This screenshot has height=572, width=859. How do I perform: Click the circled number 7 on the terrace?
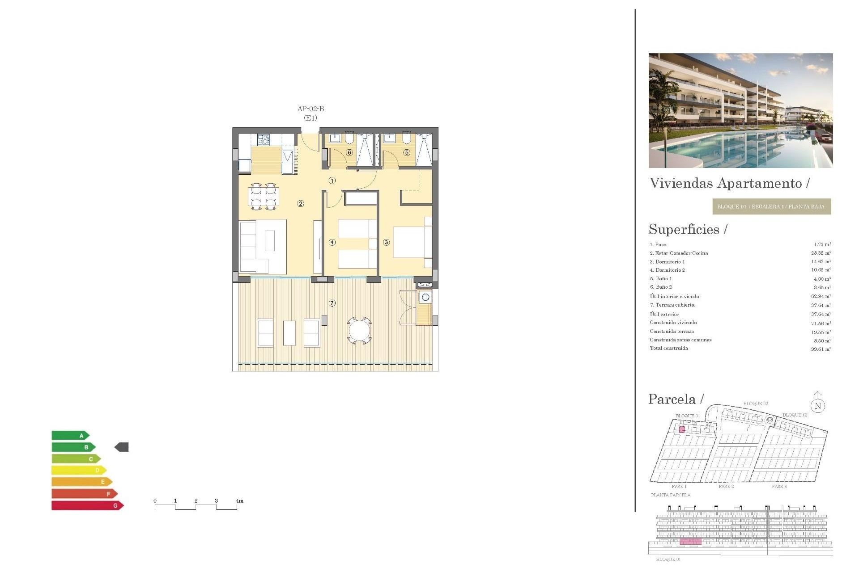pyautogui.click(x=332, y=303)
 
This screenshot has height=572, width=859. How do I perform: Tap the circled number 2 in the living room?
pyautogui.click(x=301, y=204)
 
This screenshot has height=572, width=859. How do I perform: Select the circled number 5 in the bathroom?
pyautogui.click(x=407, y=152)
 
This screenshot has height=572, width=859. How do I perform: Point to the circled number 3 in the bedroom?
pyautogui.click(x=386, y=242)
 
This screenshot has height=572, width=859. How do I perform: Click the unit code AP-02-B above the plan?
pyautogui.click(x=310, y=109)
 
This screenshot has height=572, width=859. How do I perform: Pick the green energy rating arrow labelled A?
pyautogui.click(x=71, y=435)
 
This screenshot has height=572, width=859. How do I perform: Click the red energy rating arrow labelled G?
pyautogui.click(x=87, y=505)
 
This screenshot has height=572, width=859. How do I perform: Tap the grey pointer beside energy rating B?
pyautogui.click(x=122, y=447)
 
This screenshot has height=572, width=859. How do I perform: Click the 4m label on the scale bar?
pyautogui.click(x=239, y=501)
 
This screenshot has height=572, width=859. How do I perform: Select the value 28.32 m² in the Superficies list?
pyautogui.click(x=821, y=253)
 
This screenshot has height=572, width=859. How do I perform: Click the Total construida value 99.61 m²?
pyautogui.click(x=821, y=349)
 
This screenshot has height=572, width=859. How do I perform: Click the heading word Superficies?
pyautogui.click(x=684, y=229)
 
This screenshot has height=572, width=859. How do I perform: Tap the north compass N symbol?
pyautogui.click(x=818, y=406)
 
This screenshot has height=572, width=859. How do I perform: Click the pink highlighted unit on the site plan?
pyautogui.click(x=682, y=429)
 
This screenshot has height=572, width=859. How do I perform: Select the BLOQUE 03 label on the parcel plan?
pyautogui.click(x=795, y=415)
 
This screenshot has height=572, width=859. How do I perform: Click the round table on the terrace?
pyautogui.click(x=359, y=331)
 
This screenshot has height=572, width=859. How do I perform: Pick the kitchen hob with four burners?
pyautogui.click(x=264, y=139)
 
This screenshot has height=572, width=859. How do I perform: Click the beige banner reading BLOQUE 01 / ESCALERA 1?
pyautogui.click(x=771, y=206)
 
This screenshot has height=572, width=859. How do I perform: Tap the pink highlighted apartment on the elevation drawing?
pyautogui.click(x=690, y=542)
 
